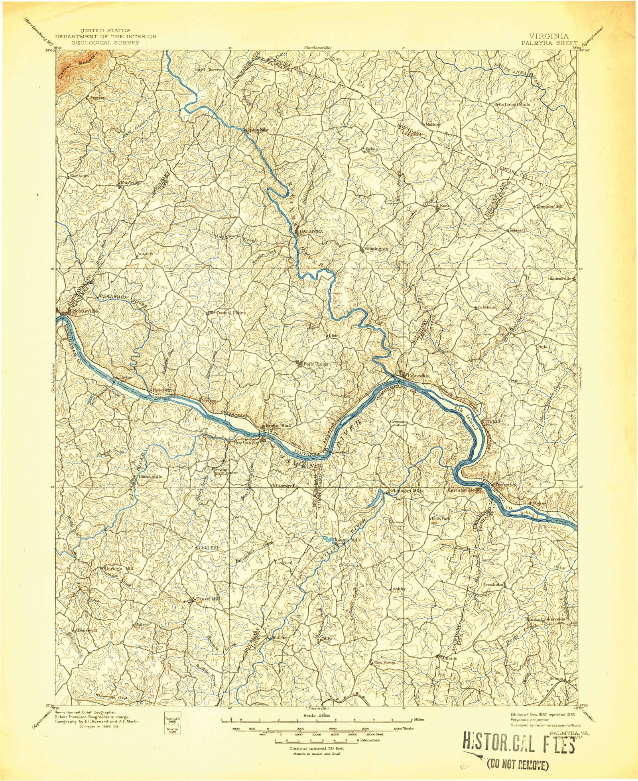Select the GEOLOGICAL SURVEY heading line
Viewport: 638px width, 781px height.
106,42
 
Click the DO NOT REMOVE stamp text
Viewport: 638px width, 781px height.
518,764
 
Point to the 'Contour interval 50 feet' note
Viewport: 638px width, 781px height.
316,748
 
